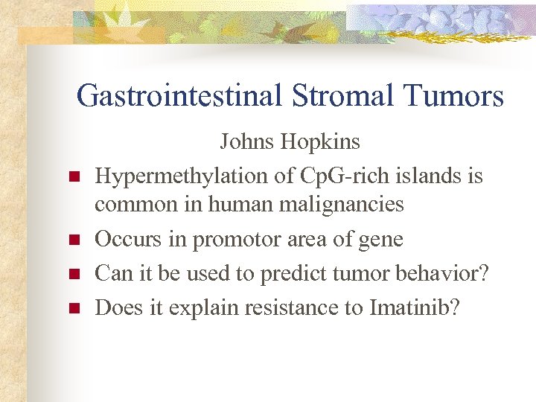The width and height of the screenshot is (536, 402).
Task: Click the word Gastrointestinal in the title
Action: (178, 96)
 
